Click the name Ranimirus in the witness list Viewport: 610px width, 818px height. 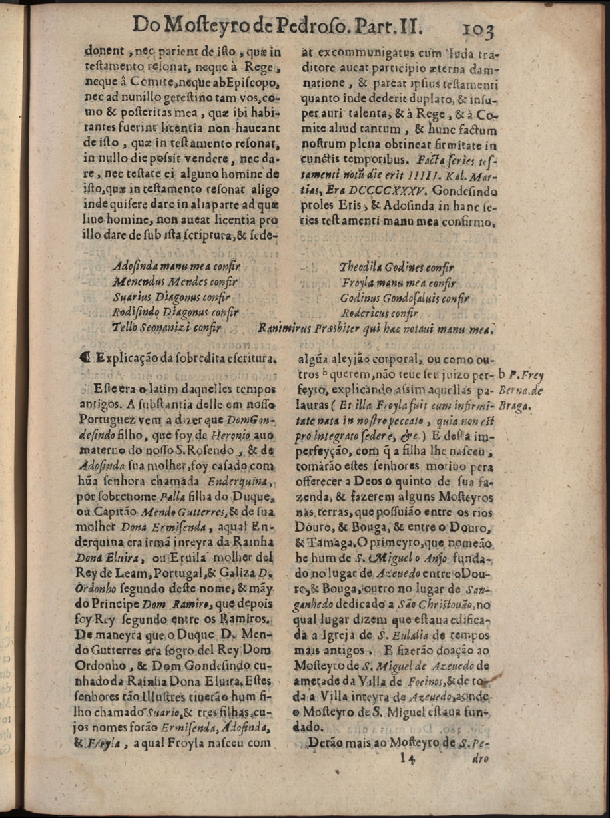coord(283,327)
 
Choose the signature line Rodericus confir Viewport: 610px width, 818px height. coord(379,313)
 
